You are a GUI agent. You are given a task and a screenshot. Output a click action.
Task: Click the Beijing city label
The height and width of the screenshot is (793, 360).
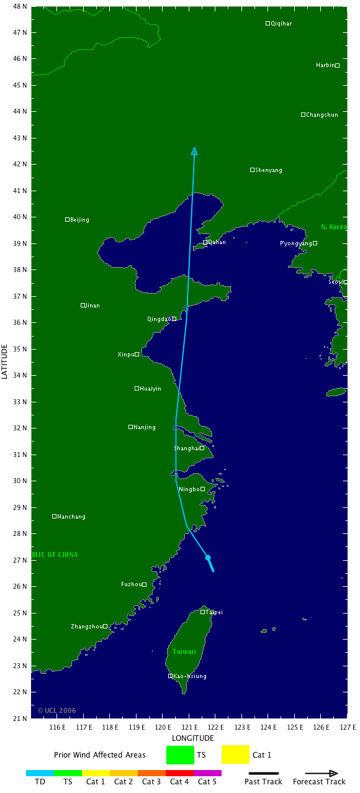79,220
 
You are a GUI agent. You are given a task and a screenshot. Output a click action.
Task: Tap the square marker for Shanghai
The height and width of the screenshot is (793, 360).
202,448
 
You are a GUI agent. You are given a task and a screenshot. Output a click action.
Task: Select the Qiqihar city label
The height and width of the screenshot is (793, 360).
281,24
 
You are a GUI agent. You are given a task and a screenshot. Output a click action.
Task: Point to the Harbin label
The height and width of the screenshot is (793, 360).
325,65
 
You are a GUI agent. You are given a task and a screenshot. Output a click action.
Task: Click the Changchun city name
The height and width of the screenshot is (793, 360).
322,115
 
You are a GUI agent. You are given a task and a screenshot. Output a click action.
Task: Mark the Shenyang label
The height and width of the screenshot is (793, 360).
269,170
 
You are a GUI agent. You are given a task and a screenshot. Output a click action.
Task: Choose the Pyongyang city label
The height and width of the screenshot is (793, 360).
295,243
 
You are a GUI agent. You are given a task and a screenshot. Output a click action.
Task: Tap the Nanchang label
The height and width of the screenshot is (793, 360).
71,517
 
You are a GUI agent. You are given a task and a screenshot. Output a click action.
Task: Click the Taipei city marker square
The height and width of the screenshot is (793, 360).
202,612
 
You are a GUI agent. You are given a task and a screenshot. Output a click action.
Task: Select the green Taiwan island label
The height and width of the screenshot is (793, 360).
184,651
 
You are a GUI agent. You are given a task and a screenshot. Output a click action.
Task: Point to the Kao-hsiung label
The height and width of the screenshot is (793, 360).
190,676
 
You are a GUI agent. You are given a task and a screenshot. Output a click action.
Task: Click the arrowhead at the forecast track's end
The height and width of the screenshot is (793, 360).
194,151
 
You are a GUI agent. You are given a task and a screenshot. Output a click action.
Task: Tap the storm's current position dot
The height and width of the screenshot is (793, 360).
208,558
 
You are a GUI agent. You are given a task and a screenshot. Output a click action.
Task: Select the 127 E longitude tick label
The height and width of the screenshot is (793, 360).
346,727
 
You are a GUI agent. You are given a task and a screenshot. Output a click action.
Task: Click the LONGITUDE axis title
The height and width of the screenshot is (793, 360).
193,738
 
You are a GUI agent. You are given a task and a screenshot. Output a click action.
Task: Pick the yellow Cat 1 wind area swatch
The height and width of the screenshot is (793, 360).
235,754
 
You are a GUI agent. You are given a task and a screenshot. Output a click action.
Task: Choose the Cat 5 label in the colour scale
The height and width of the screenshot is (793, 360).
207,782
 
